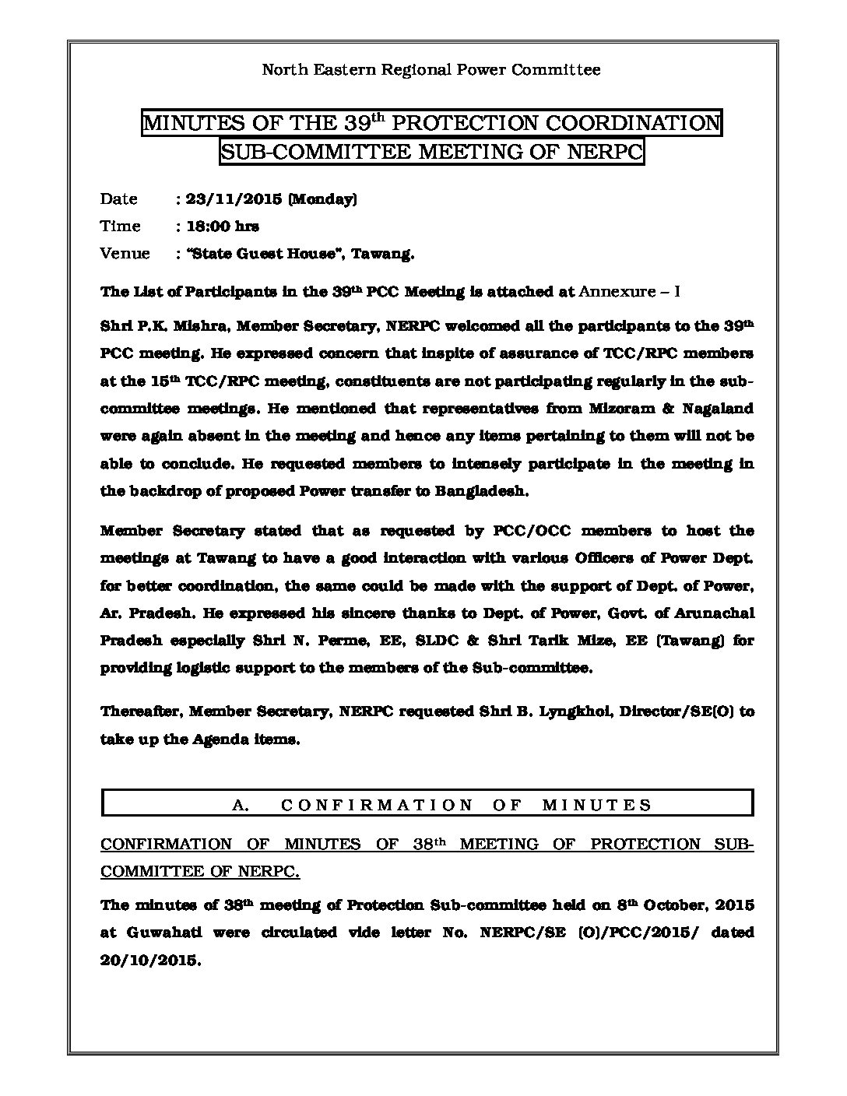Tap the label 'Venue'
pos(125,254)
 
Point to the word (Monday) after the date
pos(322,199)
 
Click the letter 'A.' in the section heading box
pos(241,806)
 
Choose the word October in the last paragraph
pos(675,906)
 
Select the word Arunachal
pos(715,613)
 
